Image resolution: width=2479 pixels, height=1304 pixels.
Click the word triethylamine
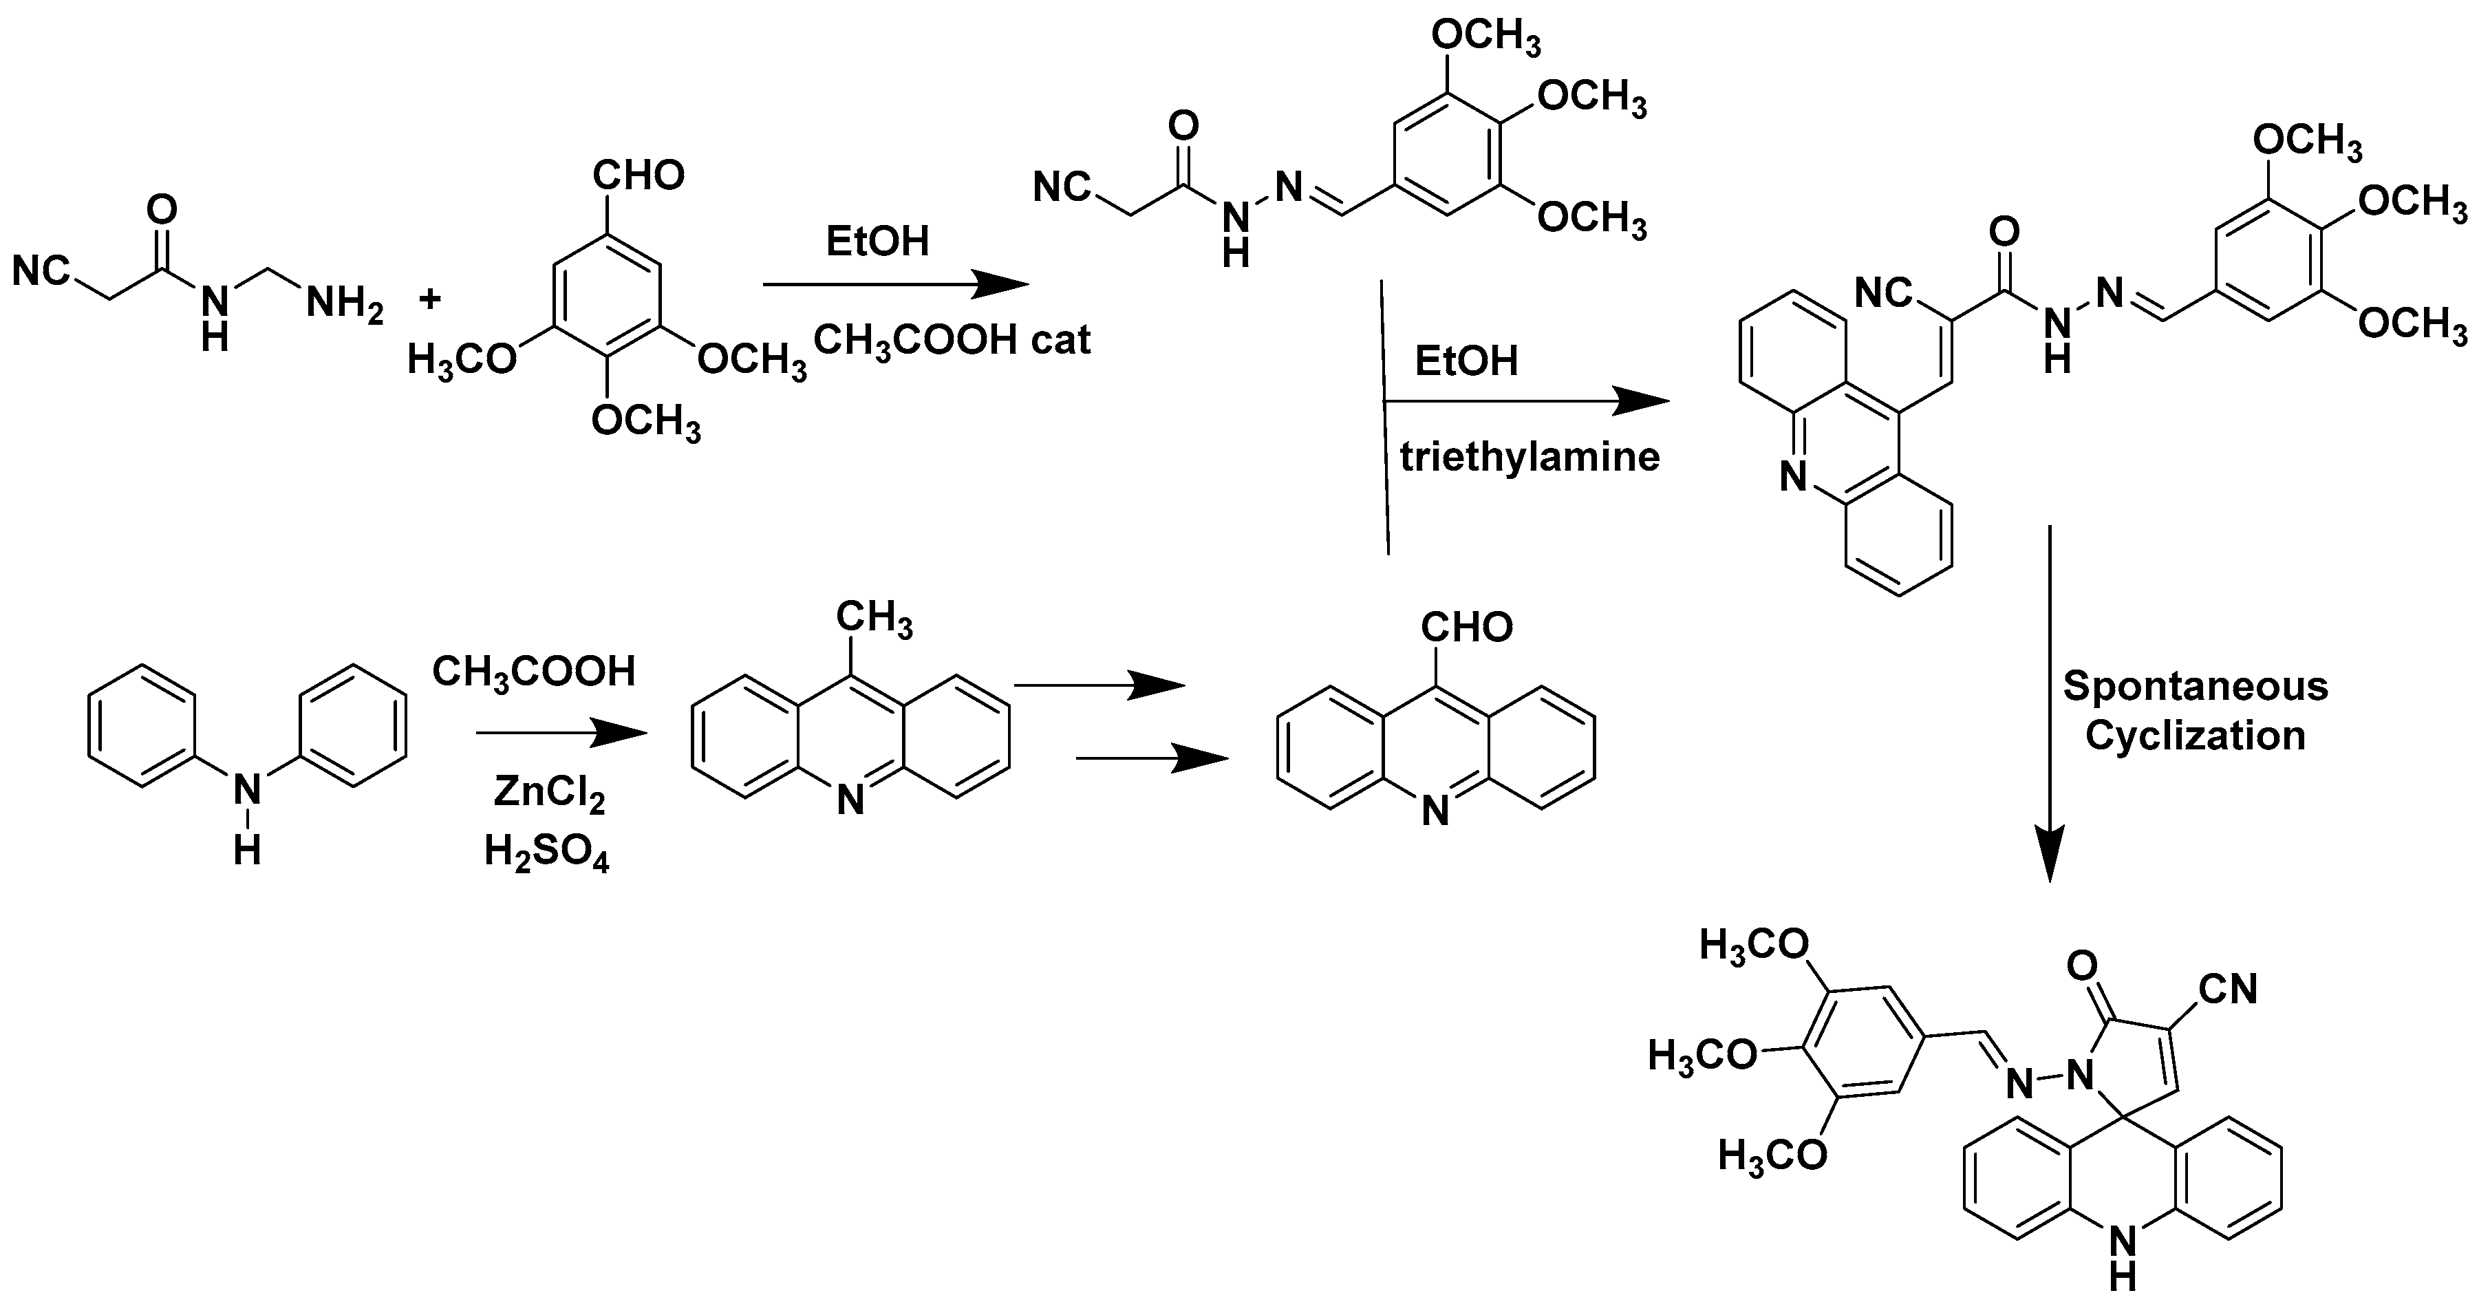(1530, 456)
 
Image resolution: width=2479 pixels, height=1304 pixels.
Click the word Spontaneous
(2195, 686)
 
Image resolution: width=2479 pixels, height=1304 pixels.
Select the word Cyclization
(2195, 736)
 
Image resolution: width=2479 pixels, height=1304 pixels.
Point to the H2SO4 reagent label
(546, 852)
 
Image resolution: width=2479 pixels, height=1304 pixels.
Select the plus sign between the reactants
(429, 299)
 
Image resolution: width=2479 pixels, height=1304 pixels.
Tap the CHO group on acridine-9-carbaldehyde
(1467, 628)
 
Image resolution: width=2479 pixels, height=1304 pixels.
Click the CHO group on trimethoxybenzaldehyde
(638, 175)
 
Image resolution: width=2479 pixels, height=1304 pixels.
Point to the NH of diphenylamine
(247, 813)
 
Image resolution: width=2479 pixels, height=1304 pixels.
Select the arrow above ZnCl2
(560, 734)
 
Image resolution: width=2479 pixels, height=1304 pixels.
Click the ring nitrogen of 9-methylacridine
(850, 801)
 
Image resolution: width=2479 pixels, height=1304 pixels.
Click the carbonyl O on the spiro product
(2081, 965)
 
